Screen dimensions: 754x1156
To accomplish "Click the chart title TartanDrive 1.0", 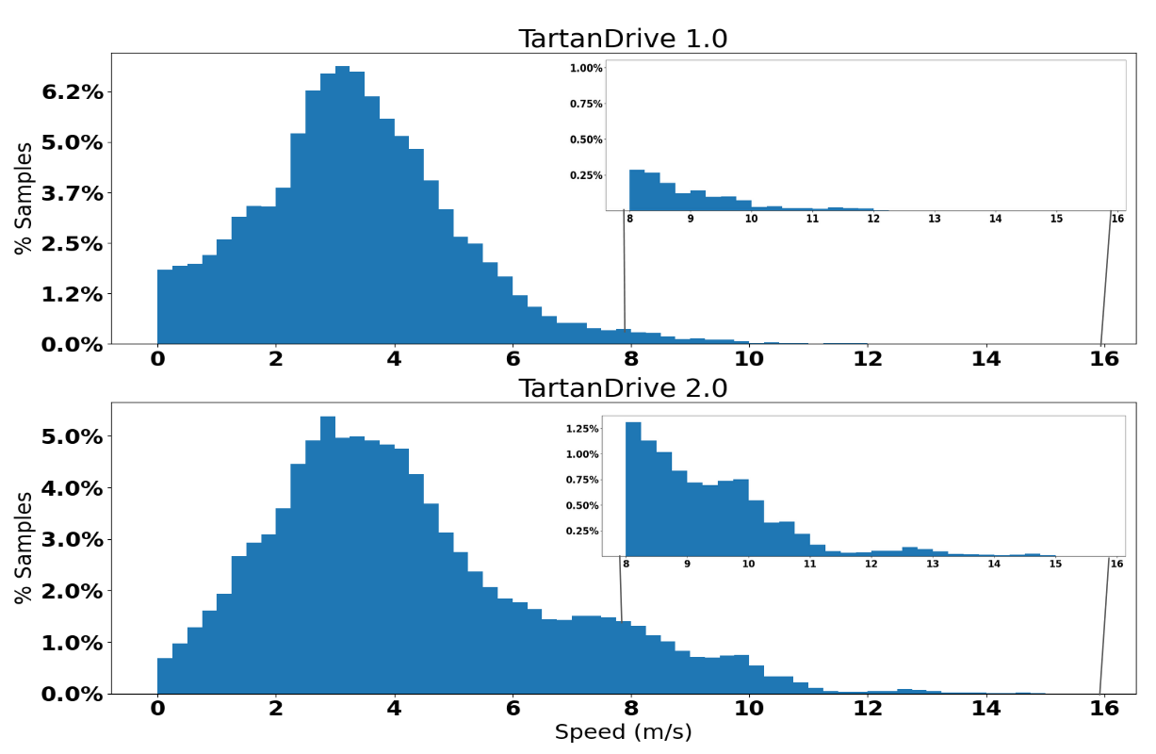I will point(623,39).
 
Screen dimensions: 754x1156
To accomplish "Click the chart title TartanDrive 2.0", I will point(623,387).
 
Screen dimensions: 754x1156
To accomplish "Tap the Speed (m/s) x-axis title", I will point(623,731).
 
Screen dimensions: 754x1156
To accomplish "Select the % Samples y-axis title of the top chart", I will point(24,198).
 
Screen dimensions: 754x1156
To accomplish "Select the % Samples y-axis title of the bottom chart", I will point(24,548).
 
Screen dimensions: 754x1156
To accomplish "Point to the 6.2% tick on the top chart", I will point(73,92).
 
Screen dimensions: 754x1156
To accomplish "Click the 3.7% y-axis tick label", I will point(73,193).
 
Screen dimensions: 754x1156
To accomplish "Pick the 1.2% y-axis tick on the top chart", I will point(73,294).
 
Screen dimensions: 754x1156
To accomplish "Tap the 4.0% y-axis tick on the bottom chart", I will point(73,488).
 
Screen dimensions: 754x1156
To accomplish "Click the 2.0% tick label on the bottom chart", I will point(73,591).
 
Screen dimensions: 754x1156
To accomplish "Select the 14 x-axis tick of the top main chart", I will point(985,358).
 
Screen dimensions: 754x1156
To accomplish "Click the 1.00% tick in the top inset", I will point(585,68).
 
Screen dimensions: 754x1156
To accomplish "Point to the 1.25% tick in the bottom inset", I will point(581,429).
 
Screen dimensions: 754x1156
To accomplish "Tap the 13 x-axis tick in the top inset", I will point(935,219).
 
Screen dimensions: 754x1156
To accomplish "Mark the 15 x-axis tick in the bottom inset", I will point(1055,564).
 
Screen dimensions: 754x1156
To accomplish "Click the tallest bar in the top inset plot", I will point(637,189).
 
